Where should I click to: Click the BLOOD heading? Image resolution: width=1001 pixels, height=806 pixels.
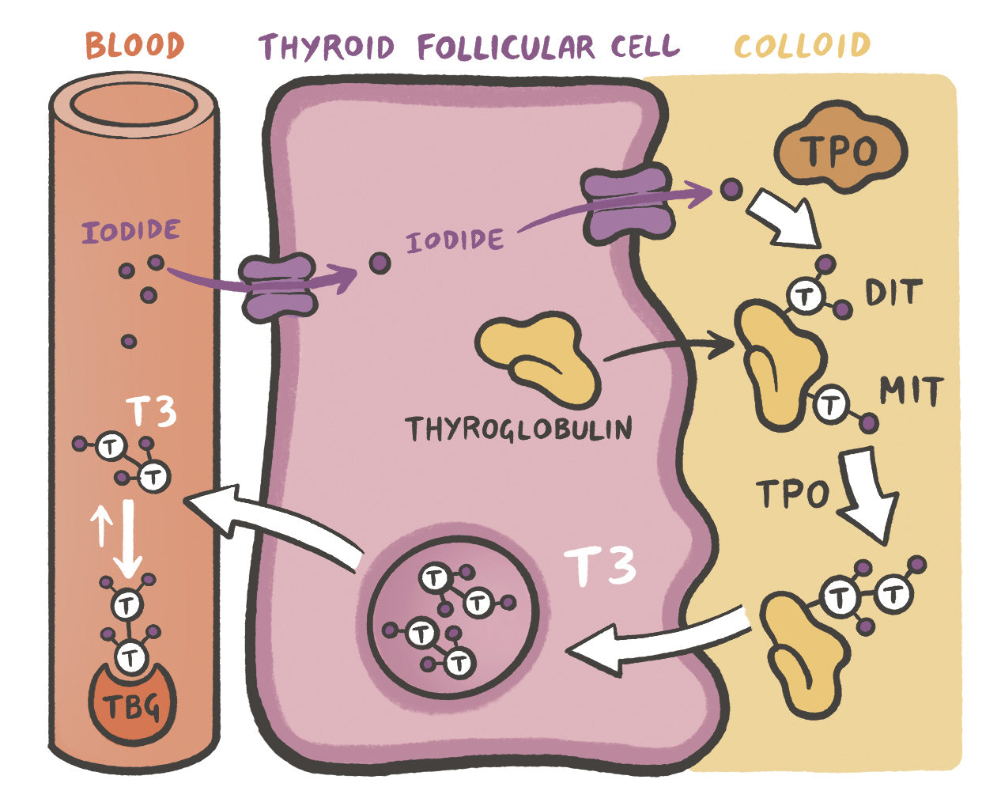[134, 45]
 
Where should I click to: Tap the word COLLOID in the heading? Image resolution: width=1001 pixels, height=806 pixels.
[802, 45]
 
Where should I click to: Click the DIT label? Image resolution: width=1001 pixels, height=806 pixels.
[893, 293]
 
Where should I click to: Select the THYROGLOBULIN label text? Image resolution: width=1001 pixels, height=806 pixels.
[519, 429]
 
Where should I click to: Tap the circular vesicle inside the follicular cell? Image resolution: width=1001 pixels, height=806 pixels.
[453, 610]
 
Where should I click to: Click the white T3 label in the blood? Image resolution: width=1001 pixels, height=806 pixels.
[152, 411]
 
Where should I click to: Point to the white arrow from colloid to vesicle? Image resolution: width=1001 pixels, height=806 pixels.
[656, 641]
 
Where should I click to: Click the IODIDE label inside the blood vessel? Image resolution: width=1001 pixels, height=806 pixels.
[130, 231]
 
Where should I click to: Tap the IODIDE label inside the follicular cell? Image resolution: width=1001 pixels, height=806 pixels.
[455, 240]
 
